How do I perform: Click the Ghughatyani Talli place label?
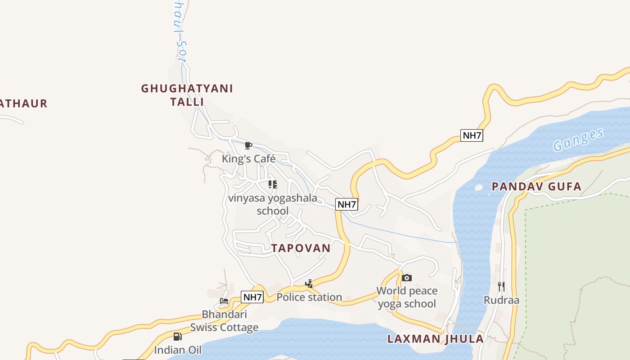pos(187,95)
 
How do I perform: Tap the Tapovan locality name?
pos(301,248)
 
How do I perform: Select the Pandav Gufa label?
pos(536,186)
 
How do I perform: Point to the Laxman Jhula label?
pos(436,339)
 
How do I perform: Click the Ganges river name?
pos(578,139)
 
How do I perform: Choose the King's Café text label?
pos(248,159)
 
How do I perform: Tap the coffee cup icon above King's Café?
pos(248,145)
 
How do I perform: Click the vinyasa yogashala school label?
pos(273,204)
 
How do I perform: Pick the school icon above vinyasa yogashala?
pos(273,184)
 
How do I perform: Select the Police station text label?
pos(309,297)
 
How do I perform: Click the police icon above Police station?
pos(309,284)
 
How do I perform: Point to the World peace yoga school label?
pos(407,297)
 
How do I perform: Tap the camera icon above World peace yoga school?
pos(407,278)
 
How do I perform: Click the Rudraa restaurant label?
pos(501,300)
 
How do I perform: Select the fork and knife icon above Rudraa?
pos(501,286)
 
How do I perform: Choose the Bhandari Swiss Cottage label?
pos(224,320)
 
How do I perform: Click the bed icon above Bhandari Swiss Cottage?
pos(224,301)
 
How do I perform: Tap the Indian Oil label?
pos(178,350)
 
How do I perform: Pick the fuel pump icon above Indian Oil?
pos(178,336)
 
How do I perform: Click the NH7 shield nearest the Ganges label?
pos(472,135)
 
